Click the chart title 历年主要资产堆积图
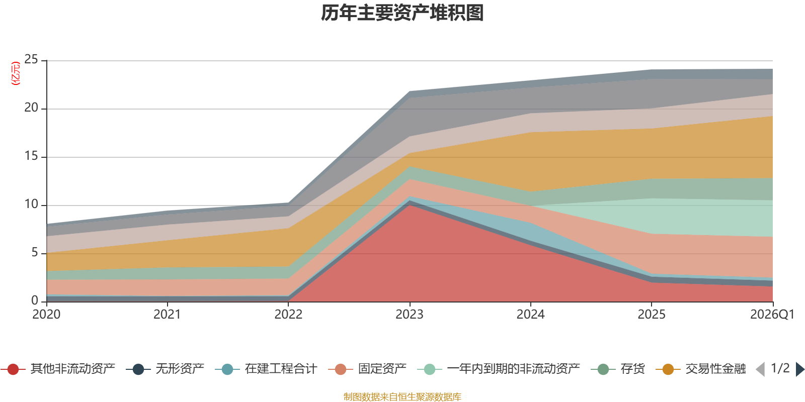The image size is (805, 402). pos(402,13)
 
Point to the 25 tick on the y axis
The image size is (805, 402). pos(31,59)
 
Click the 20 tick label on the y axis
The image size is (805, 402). pos(31,108)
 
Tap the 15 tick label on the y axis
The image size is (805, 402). pos(31,156)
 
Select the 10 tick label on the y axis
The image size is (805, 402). pos(31,204)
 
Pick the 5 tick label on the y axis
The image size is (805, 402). pos(35,252)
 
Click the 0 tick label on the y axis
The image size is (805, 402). pos(35,300)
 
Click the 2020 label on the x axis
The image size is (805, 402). pos(46,315)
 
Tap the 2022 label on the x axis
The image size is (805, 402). pos(288,315)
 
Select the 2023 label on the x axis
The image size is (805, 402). pos(410,315)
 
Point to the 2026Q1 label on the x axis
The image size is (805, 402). pos(772,315)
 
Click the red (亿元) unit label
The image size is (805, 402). pos(16,73)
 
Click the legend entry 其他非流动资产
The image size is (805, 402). pos(57,369)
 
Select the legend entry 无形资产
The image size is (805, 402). pos(165,369)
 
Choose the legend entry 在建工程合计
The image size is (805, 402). pos(266,369)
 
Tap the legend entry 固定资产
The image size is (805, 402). pos(367,369)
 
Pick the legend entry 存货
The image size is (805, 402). pos(618,369)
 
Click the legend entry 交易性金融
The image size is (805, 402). pos(701,369)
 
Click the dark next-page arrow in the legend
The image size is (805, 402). pos(800,369)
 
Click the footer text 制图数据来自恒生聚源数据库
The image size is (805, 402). pos(402,396)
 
